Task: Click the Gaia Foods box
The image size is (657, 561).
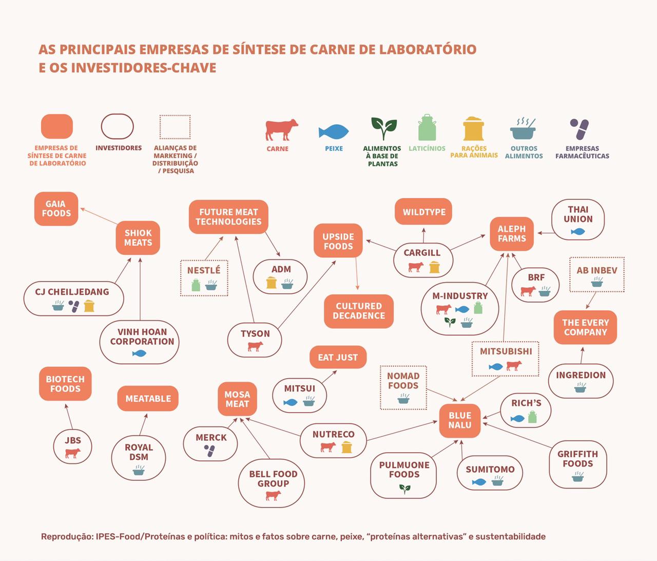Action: (x=56, y=209)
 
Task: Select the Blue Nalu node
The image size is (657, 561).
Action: (x=459, y=420)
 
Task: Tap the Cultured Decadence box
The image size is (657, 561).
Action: (x=358, y=311)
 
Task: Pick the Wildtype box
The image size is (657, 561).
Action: (x=423, y=212)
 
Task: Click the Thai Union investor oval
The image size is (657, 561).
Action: (x=578, y=219)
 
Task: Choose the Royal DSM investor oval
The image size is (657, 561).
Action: (x=139, y=457)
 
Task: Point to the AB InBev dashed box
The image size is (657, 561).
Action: (x=597, y=275)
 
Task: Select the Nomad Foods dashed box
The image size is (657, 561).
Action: (x=403, y=387)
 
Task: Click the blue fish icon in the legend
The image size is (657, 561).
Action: (x=334, y=132)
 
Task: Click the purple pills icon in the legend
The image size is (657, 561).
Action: (x=579, y=129)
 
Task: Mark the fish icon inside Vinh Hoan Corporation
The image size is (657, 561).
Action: (x=139, y=353)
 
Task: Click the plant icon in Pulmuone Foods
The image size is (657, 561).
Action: (x=405, y=489)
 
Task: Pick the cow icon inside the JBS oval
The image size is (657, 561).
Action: (x=72, y=453)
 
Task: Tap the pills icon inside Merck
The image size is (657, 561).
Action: (x=209, y=451)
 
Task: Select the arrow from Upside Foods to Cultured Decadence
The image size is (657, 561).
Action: (x=357, y=274)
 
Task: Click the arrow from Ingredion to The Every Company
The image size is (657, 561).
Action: (x=582, y=356)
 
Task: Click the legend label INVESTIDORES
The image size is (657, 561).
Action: (x=119, y=148)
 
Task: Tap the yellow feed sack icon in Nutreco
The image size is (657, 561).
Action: (x=347, y=447)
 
